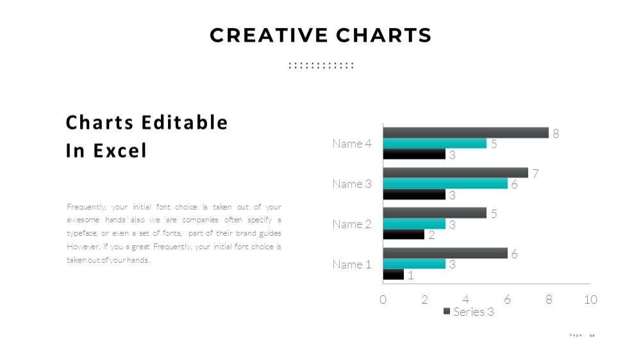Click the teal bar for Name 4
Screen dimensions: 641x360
pyautogui.click(x=435, y=143)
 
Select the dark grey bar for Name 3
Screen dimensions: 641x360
pyautogui.click(x=455, y=173)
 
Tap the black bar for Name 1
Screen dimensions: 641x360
pyautogui.click(x=394, y=275)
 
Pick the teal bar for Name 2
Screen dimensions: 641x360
pyautogui.click(x=414, y=224)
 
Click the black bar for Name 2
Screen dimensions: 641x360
pyautogui.click(x=403, y=234)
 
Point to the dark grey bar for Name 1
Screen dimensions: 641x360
pyautogui.click(x=445, y=254)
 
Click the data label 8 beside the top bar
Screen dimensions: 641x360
pyautogui.click(x=556, y=134)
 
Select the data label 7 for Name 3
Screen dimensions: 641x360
pyautogui.click(x=535, y=173)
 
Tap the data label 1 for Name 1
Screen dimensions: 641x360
pyautogui.click(x=411, y=275)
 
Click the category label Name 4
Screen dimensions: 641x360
pyautogui.click(x=352, y=143)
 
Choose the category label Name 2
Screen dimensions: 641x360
pyautogui.click(x=352, y=224)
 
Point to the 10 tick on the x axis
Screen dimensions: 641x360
pyautogui.click(x=590, y=300)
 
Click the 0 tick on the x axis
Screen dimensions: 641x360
pyautogui.click(x=383, y=300)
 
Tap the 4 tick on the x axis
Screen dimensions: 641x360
pyautogui.click(x=465, y=300)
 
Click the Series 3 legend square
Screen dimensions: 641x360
pyautogui.click(x=447, y=311)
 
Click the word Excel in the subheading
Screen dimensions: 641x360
pyautogui.click(x=120, y=151)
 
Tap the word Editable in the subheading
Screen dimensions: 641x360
pyautogui.click(x=185, y=122)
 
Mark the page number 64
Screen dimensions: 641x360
pyautogui.click(x=592, y=336)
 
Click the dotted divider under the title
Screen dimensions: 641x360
pyautogui.click(x=321, y=65)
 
